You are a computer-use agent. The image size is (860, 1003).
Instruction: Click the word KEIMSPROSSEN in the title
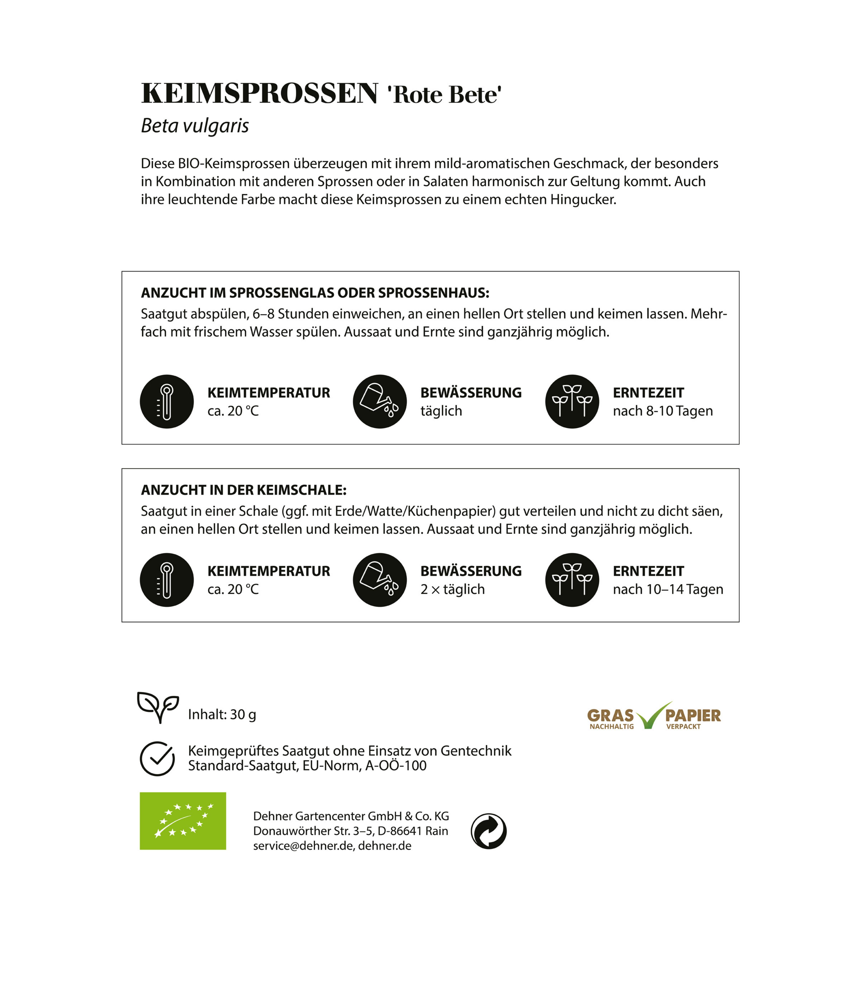tap(259, 93)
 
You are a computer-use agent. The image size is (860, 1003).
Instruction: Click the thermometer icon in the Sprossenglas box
tap(167, 401)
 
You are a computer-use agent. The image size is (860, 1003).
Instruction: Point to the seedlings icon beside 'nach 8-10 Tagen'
tap(572, 401)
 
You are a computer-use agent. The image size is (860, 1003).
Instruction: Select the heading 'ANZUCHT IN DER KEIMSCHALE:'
tap(244, 490)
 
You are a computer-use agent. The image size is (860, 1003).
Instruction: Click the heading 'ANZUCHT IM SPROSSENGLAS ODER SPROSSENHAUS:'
tap(315, 293)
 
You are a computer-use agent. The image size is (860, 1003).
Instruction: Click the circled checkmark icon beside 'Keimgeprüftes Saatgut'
tap(157, 759)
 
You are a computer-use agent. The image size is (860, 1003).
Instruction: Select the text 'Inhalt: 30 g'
tap(222, 714)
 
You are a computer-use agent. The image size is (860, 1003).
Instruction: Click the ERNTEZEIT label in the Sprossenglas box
tap(648, 393)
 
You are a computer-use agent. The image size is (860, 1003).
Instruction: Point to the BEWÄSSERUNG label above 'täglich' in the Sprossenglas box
tap(471, 393)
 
